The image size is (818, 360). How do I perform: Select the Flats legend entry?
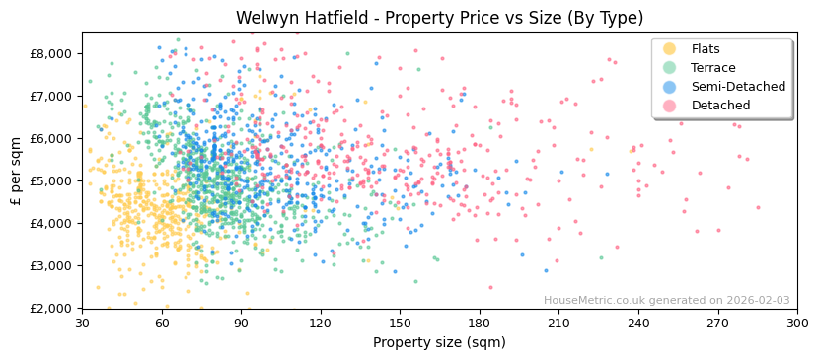click(x=706, y=49)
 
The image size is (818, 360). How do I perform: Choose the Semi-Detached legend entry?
click(x=738, y=87)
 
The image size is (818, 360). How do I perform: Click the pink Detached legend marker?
click(x=670, y=106)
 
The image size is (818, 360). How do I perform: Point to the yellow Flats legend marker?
click(x=670, y=49)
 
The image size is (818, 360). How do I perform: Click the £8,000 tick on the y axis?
click(x=54, y=53)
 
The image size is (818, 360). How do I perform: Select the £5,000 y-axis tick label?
click(x=54, y=180)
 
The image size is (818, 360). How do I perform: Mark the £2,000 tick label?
click(x=54, y=308)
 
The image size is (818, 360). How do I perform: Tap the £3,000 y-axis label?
click(x=54, y=265)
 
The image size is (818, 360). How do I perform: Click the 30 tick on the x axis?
click(x=82, y=323)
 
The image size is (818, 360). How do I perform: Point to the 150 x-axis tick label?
click(x=400, y=323)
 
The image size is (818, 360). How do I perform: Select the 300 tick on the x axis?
click(x=797, y=323)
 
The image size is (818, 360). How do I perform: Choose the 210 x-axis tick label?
click(x=558, y=323)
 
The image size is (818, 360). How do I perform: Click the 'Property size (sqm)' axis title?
click(x=439, y=342)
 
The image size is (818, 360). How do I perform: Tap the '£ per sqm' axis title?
click(x=16, y=170)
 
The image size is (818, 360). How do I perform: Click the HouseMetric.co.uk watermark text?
click(x=666, y=301)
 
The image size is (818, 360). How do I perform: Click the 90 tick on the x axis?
click(x=241, y=323)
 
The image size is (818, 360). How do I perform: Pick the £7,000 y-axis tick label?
click(x=54, y=96)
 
